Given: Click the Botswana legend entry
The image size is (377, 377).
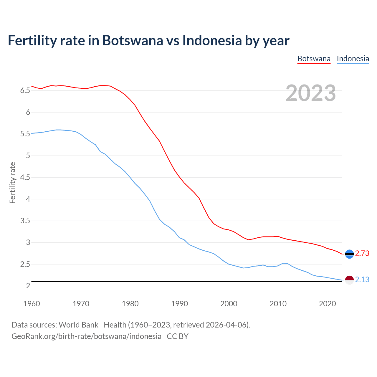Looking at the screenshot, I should coord(314,59).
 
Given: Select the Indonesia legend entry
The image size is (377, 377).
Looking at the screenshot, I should coord(353,59).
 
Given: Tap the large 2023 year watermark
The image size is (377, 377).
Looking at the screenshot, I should coord(311,93).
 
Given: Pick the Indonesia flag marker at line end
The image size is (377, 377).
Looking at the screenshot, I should coord(349,280).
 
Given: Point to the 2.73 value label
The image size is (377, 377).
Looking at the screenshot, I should coord(362,254).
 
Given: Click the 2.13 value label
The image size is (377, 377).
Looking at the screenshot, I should coord(362,280).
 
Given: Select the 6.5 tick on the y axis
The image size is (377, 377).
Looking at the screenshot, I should coord(25,91).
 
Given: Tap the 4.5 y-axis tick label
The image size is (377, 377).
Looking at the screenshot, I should coord(25,178).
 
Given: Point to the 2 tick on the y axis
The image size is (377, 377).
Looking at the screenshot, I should coord(28,286).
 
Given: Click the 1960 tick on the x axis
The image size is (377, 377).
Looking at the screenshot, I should coord(32,304).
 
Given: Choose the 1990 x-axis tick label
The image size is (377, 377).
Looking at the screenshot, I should coord(179,304).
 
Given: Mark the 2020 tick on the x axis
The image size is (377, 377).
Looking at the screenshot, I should coord(327,304).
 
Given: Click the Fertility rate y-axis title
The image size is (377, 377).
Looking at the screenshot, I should coord(12,183).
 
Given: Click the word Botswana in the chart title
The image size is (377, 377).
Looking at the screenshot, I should coord(133,40).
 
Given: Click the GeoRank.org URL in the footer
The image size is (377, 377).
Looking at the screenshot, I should coord(86,336).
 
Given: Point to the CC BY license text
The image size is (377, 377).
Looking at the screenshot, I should coord(178,336).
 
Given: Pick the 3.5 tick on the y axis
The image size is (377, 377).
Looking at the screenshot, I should coord(25,221).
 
